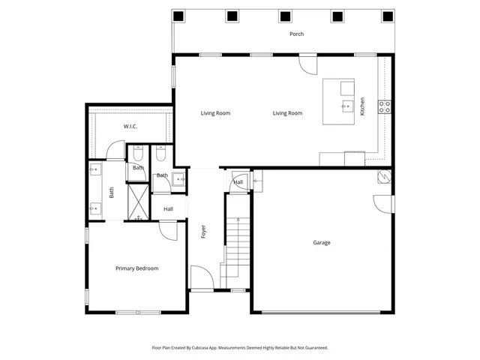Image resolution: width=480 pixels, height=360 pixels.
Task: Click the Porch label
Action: point(297,34)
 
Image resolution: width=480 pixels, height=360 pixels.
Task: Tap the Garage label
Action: point(322,242)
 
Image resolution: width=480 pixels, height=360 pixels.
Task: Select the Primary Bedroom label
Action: point(136,268)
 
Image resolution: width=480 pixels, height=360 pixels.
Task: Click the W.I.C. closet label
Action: point(130,127)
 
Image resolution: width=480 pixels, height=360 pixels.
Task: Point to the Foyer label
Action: point(203,232)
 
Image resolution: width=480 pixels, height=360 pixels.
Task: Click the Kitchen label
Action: point(362,106)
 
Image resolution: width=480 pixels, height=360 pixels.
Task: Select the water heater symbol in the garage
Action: point(383,175)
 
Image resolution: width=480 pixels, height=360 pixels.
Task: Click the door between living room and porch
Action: point(307,65)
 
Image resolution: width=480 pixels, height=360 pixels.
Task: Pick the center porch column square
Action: point(286,16)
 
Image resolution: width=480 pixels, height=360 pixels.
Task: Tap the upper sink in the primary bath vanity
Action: point(94,171)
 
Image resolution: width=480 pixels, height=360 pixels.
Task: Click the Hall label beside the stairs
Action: point(238,182)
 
